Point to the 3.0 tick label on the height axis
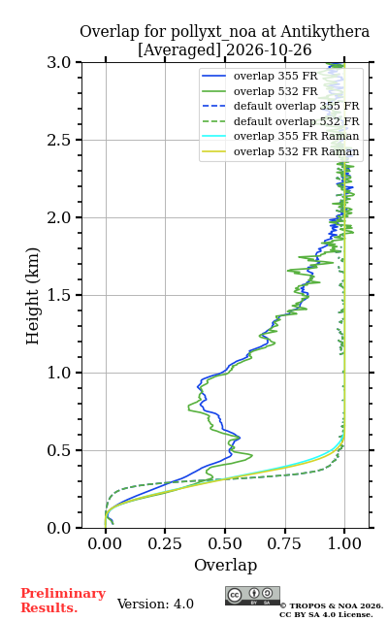(x=59, y=62)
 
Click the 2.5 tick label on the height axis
(x=59, y=140)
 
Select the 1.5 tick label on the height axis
(x=59, y=295)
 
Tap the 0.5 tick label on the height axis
(x=59, y=450)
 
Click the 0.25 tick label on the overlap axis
(x=165, y=543)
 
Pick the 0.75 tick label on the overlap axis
(x=284, y=543)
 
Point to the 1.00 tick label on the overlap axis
(x=344, y=543)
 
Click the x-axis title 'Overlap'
(x=225, y=565)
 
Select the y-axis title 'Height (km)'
(x=32, y=296)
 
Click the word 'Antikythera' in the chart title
(x=325, y=32)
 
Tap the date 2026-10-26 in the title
(x=269, y=49)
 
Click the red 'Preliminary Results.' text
(x=63, y=601)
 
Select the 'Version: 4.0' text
(x=155, y=604)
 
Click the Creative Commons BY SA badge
(x=252, y=596)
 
